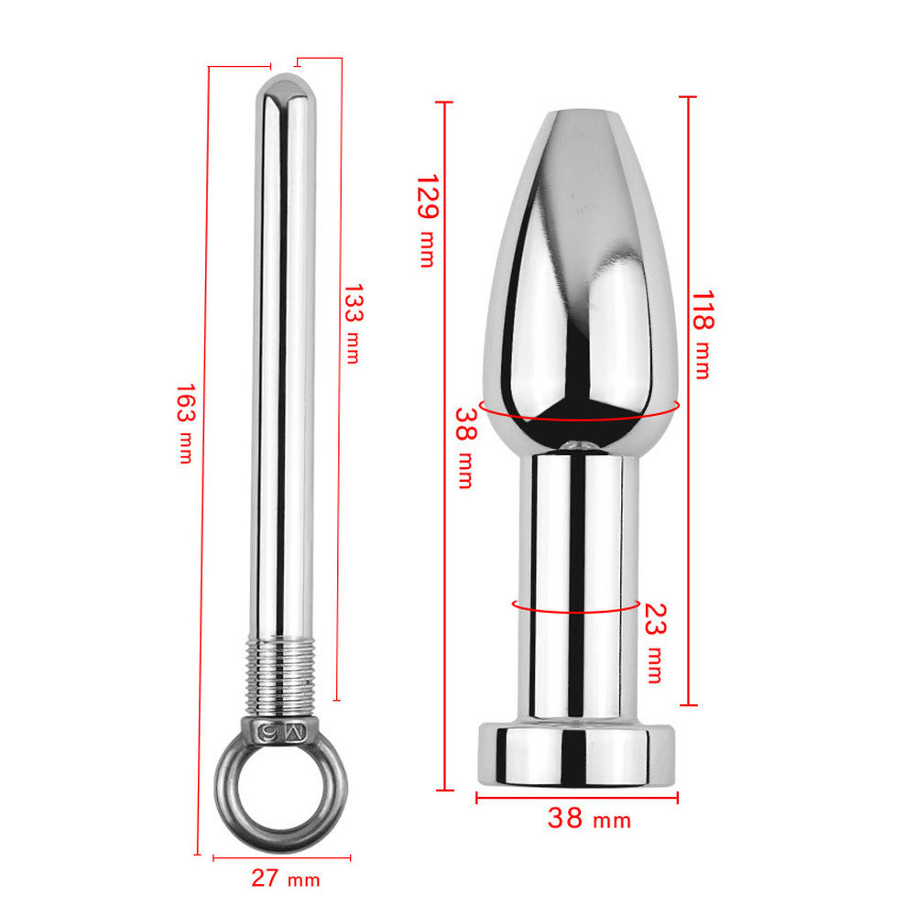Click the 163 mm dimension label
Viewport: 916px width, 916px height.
(x=186, y=423)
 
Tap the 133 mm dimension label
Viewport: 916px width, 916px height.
(x=353, y=324)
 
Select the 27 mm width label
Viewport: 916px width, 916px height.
(x=286, y=878)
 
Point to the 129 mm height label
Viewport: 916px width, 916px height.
(x=428, y=221)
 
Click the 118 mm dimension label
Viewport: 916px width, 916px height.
(x=703, y=334)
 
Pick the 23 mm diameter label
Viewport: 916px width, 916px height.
(x=655, y=643)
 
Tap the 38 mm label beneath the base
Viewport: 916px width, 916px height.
(x=589, y=817)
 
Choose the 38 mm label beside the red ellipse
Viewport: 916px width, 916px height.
(x=465, y=448)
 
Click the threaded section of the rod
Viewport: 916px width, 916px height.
(x=279, y=677)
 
